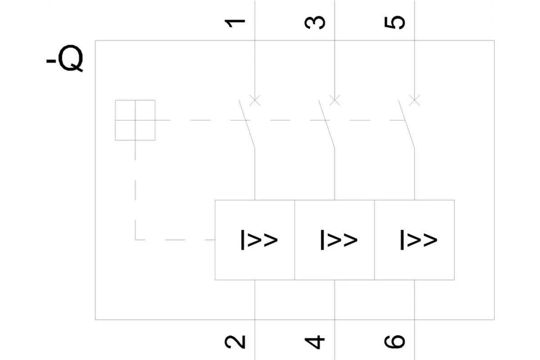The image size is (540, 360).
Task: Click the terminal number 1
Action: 235,23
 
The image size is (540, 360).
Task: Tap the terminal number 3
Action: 315,22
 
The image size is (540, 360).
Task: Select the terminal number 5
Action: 395,22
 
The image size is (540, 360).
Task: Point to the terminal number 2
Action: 235,342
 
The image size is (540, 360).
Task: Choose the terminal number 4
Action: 315,342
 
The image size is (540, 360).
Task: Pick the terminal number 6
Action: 395,342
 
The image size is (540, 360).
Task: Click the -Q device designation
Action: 65,58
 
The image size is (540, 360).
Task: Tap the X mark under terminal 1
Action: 255,100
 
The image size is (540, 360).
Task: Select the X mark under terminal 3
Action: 335,100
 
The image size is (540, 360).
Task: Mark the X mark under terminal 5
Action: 414,100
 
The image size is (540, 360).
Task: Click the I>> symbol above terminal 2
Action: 259,240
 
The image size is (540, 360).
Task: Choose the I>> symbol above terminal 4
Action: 339,240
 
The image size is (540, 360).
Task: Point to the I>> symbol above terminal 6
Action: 419,240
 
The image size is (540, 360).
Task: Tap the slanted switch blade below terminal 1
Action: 247,124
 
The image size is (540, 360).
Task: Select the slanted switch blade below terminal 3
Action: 327,124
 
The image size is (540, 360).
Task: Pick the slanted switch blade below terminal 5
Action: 406,124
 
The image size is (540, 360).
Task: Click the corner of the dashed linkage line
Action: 135,240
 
